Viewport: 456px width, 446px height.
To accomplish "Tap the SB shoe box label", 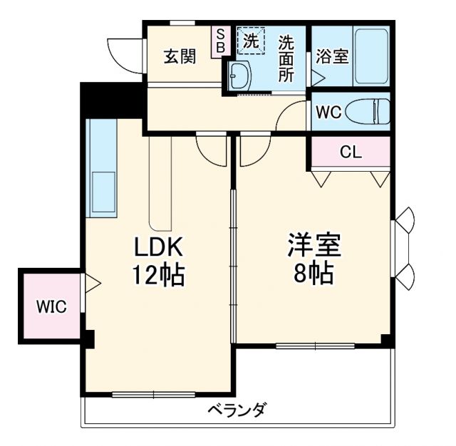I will (220, 41).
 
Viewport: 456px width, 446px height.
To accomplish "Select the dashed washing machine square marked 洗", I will (250, 41).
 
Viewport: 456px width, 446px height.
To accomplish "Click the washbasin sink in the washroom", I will (238, 73).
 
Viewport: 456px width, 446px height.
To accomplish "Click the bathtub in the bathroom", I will (371, 56).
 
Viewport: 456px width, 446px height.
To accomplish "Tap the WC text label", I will (328, 113).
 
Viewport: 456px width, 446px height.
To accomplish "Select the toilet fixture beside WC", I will (372, 112).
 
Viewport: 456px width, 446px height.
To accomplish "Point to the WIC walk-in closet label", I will (51, 307).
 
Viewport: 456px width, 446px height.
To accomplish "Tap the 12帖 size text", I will (160, 274).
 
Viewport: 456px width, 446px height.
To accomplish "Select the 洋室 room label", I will (314, 246).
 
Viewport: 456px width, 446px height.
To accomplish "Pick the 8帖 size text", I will (314, 273).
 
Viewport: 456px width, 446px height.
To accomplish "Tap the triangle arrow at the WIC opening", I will (93, 283).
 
